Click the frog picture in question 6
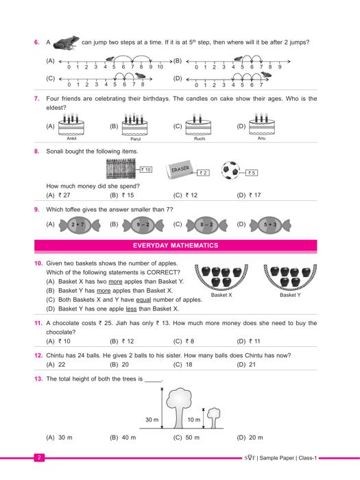[x=66, y=43]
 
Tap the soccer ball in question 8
[x=231, y=170]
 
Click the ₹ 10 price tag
[x=146, y=169]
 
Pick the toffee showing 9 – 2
[x=143, y=225]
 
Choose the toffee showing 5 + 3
[x=270, y=225]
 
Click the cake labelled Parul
[x=134, y=124]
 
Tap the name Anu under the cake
[x=261, y=139]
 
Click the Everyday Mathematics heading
[x=176, y=245]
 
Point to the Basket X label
[x=221, y=295]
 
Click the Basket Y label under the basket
[x=290, y=295]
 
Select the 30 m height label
[x=152, y=420]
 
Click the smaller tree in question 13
[x=214, y=418]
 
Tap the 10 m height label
[x=194, y=420]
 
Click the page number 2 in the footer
[x=39, y=457]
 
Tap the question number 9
[x=37, y=210]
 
